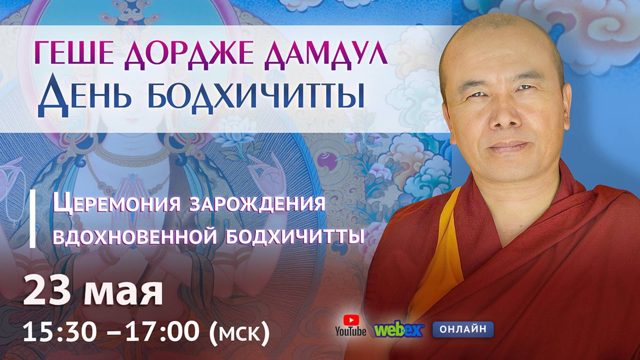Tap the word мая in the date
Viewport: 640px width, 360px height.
124,292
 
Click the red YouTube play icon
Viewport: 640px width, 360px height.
351,320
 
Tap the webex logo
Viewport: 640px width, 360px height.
398,330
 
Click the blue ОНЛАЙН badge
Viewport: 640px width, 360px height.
463,329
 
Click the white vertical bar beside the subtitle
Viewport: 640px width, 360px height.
33,220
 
